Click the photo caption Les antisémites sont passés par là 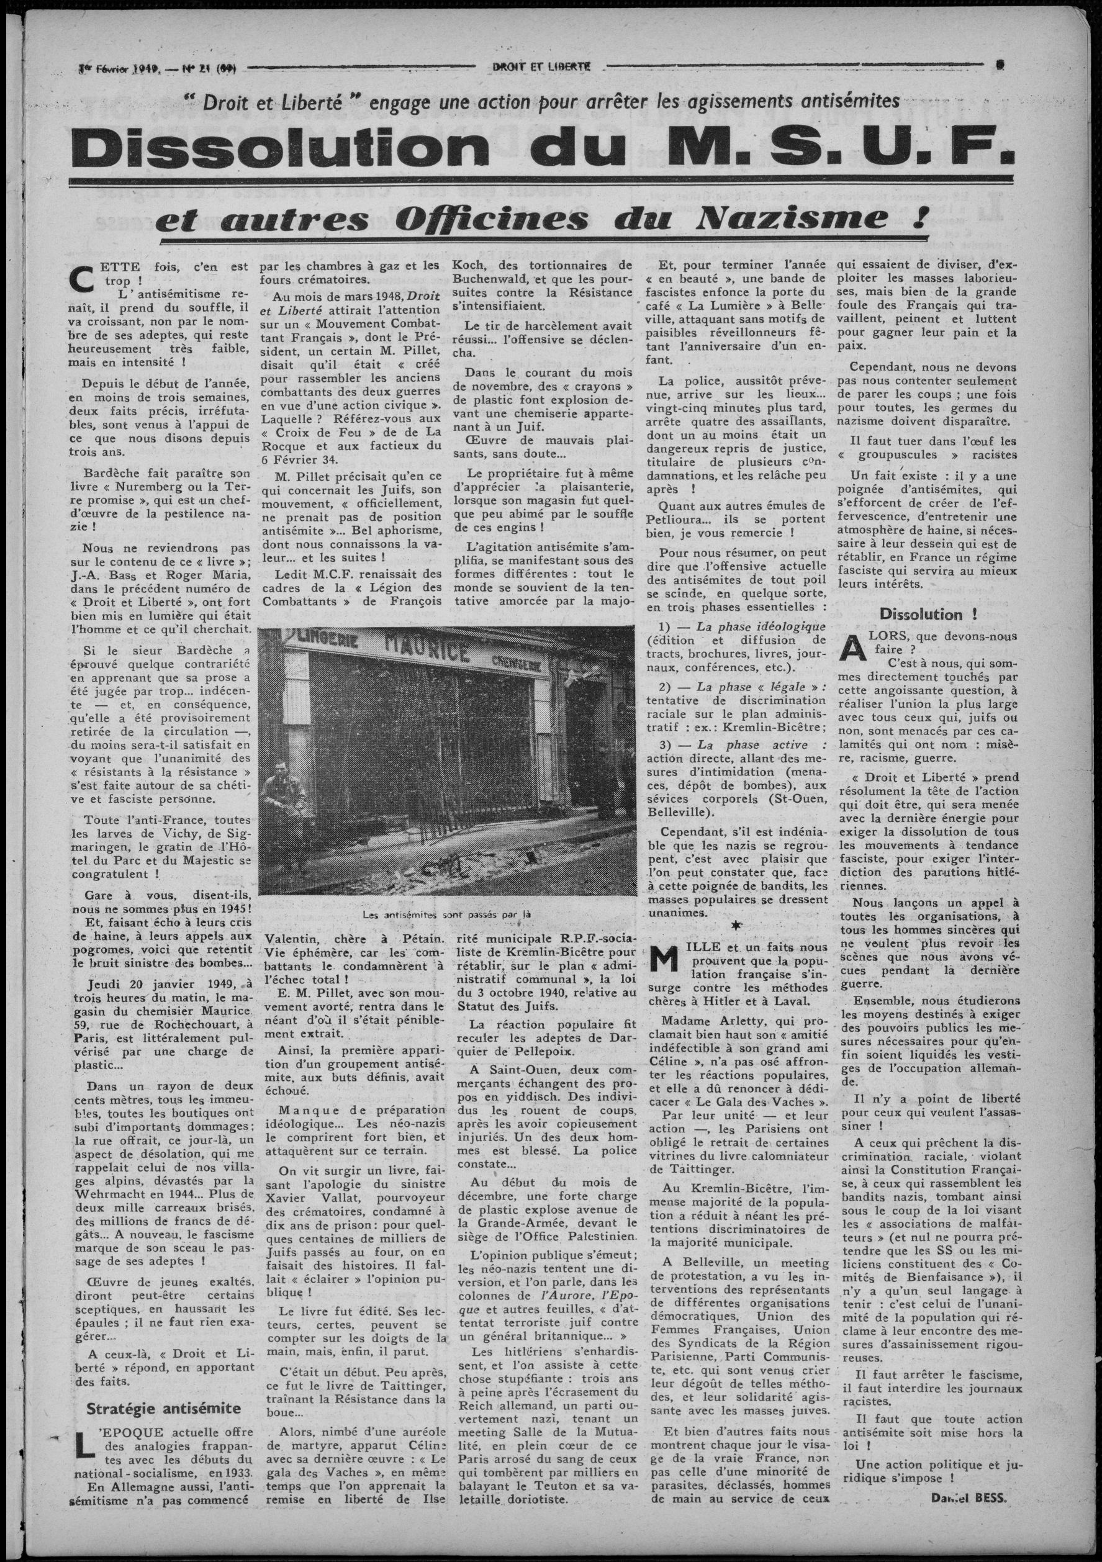[x=446, y=914]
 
